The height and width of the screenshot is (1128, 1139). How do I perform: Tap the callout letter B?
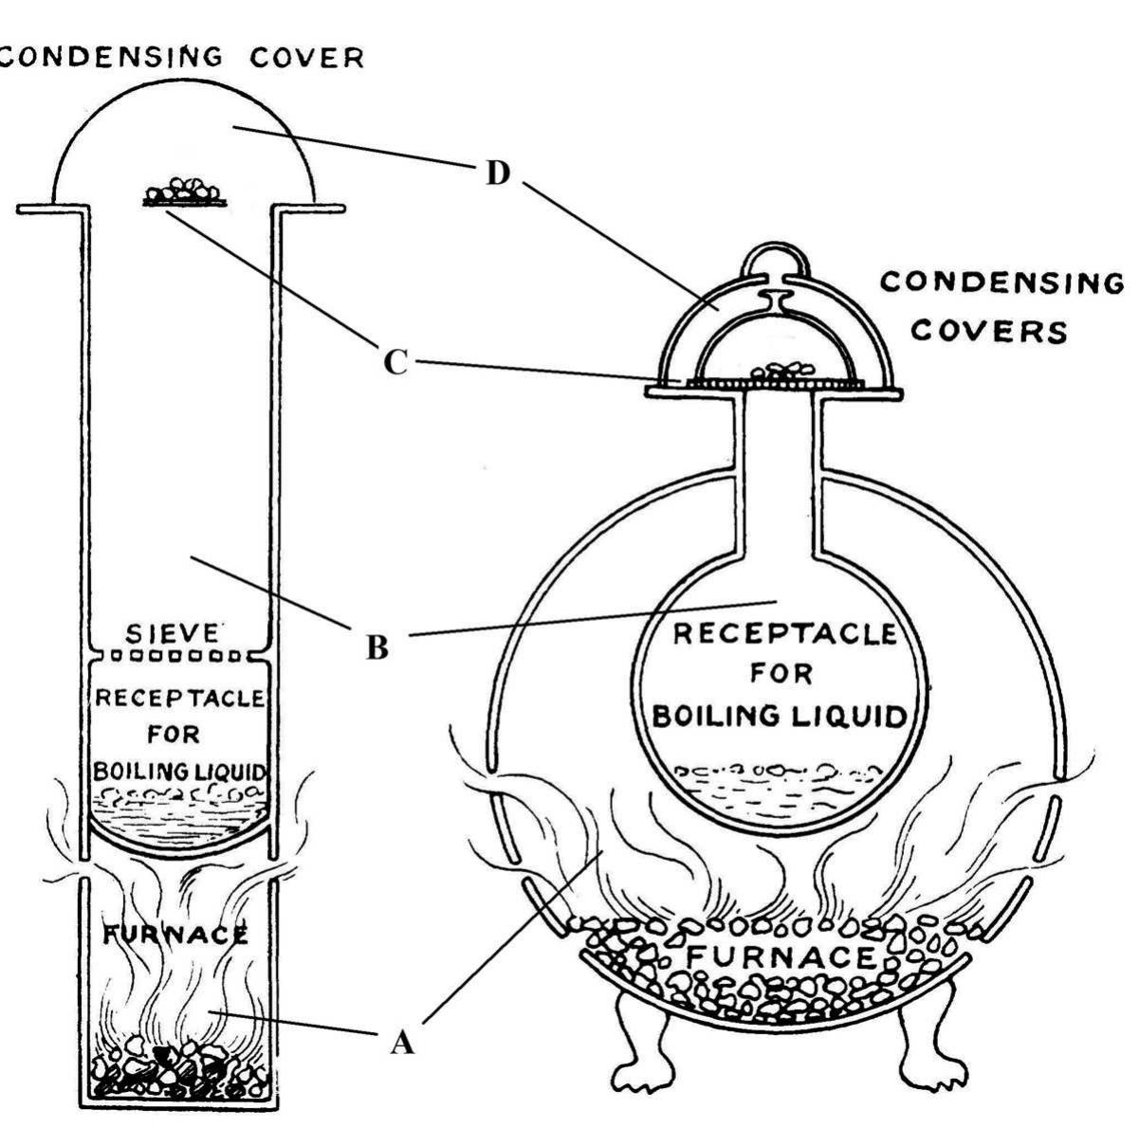pos(377,646)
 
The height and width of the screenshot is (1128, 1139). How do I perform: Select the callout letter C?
pos(395,361)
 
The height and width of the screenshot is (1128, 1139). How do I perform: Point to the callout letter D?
pos(498,173)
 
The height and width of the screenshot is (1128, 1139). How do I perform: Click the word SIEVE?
pos(173,634)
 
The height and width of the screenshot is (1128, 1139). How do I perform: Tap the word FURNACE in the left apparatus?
pos(175,935)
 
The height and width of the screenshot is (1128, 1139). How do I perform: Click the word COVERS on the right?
pos(988,331)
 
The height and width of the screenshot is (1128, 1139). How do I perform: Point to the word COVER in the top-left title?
pos(306,58)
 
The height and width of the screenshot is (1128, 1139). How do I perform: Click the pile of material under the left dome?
pos(184,191)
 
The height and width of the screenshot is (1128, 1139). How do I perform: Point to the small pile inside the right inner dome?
pos(781,371)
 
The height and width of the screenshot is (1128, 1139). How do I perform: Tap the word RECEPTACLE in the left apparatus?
pos(179,699)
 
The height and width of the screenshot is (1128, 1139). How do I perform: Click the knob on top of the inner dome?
pos(775,298)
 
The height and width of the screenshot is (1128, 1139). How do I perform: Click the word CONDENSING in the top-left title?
pos(112,57)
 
